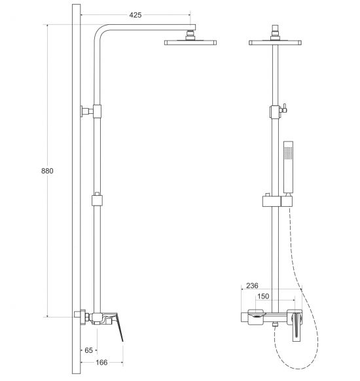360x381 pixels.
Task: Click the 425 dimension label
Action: click(x=135, y=15)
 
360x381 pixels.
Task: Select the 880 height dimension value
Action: click(x=47, y=171)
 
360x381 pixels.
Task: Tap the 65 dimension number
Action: click(x=88, y=350)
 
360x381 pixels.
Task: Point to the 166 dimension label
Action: click(x=101, y=362)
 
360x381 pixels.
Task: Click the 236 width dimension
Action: click(x=252, y=285)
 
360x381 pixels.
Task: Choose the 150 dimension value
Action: click(x=263, y=296)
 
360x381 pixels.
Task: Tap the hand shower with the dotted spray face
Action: click(x=289, y=167)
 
